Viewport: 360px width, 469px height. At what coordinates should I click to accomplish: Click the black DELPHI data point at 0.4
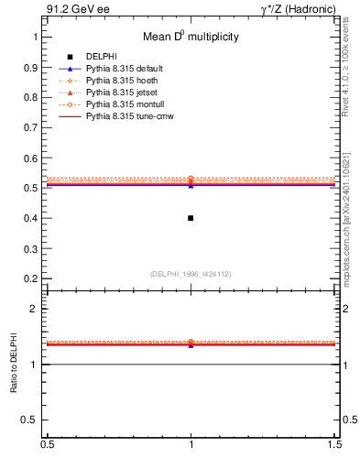pos(191,218)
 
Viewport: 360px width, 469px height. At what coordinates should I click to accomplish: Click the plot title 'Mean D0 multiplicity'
pos(191,38)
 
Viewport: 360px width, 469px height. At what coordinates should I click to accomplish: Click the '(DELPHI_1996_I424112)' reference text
pos(191,273)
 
